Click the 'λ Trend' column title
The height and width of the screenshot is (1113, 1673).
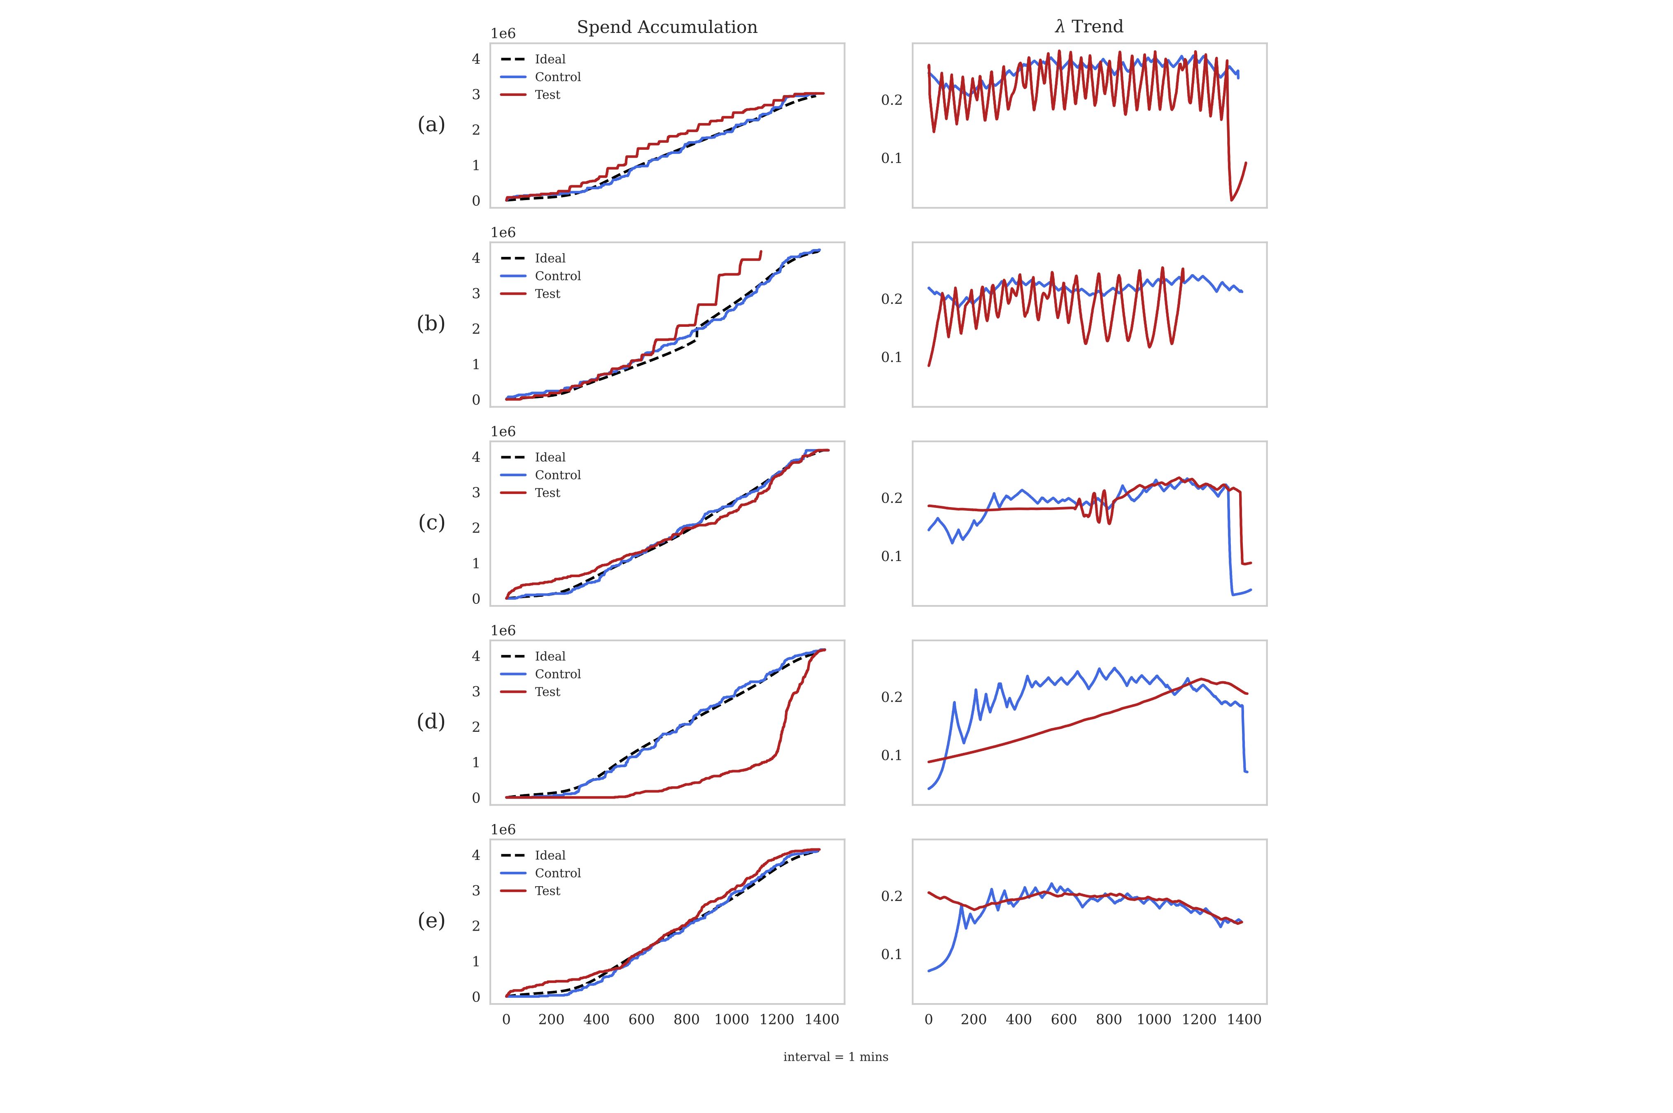click(1089, 27)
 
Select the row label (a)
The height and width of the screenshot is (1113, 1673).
click(431, 125)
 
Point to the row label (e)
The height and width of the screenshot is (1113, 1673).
click(431, 921)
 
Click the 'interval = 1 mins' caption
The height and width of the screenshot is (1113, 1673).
click(835, 1057)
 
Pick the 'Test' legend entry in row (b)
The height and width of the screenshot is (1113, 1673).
click(547, 294)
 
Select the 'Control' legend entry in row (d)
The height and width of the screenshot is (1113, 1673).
click(557, 674)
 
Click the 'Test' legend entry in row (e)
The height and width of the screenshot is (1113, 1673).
click(547, 891)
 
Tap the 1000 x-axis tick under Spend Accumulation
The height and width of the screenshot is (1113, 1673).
click(732, 1020)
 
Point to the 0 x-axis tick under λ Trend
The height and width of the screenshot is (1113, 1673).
click(928, 1020)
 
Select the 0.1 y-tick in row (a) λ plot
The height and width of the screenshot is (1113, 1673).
click(892, 158)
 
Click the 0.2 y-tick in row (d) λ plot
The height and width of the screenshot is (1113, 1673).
click(892, 697)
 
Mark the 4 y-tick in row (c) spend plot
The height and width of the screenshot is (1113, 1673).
click(475, 457)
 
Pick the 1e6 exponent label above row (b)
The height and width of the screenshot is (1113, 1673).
click(503, 233)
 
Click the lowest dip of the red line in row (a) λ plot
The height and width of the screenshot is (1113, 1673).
click(1232, 200)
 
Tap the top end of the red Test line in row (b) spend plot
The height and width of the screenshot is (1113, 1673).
click(761, 251)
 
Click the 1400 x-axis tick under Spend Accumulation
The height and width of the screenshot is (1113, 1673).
click(822, 1020)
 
